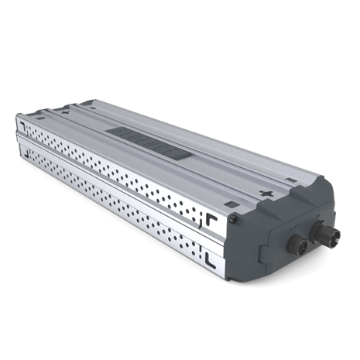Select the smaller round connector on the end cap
pyautogui.click(x=297, y=245)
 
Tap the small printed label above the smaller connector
pyautogui.click(x=292, y=229)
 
